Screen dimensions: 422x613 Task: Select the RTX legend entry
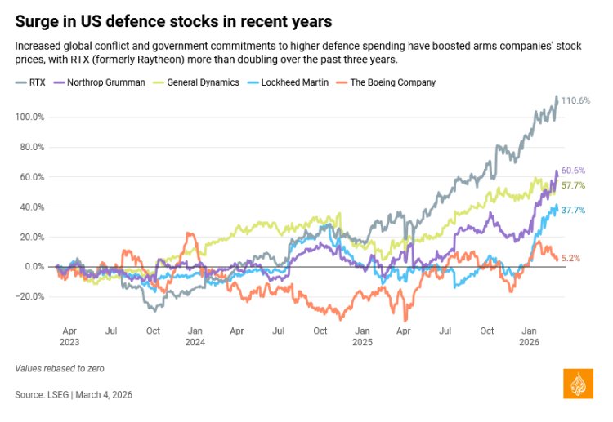(32, 82)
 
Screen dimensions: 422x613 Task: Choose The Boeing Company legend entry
(387, 82)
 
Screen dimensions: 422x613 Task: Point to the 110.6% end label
(576, 100)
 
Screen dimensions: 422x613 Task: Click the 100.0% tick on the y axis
(30, 117)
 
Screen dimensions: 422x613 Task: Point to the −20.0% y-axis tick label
(30, 296)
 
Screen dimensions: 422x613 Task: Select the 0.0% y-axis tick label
(34, 267)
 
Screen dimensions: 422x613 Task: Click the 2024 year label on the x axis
(195, 344)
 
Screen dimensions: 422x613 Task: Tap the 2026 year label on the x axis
(529, 344)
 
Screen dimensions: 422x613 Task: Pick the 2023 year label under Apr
(69, 344)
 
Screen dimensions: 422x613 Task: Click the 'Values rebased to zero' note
(60, 368)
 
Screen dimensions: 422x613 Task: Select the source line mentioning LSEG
(74, 394)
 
